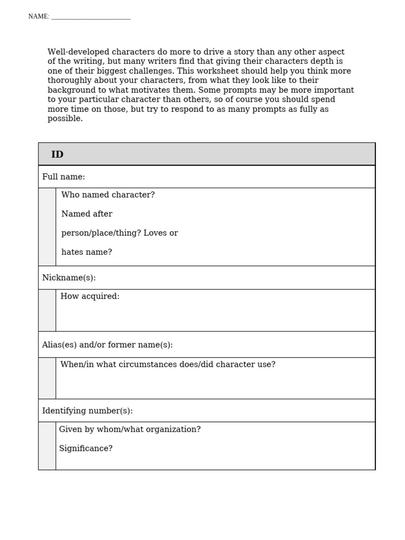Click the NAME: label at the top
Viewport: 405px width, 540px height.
(38, 17)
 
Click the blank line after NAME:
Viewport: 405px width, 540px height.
(91, 17)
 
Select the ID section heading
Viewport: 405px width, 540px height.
(57, 155)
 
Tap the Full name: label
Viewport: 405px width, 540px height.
(63, 177)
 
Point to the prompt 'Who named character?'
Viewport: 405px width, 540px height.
(108, 195)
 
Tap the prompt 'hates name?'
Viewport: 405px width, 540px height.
(86, 252)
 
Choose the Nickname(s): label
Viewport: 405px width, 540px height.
(69, 278)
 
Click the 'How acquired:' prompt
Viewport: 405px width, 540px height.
(90, 296)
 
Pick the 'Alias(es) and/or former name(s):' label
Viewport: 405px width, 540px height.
(108, 345)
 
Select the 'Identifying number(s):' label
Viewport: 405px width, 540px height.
(88, 411)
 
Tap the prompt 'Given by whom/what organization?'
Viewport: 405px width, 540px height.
(130, 429)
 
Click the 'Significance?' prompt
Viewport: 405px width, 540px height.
(85, 449)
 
